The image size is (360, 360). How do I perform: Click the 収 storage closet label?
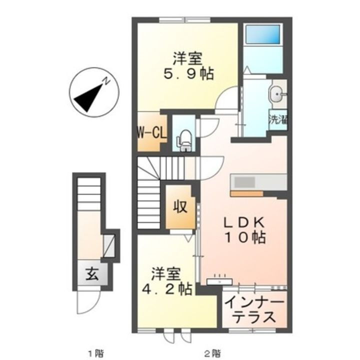180,206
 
